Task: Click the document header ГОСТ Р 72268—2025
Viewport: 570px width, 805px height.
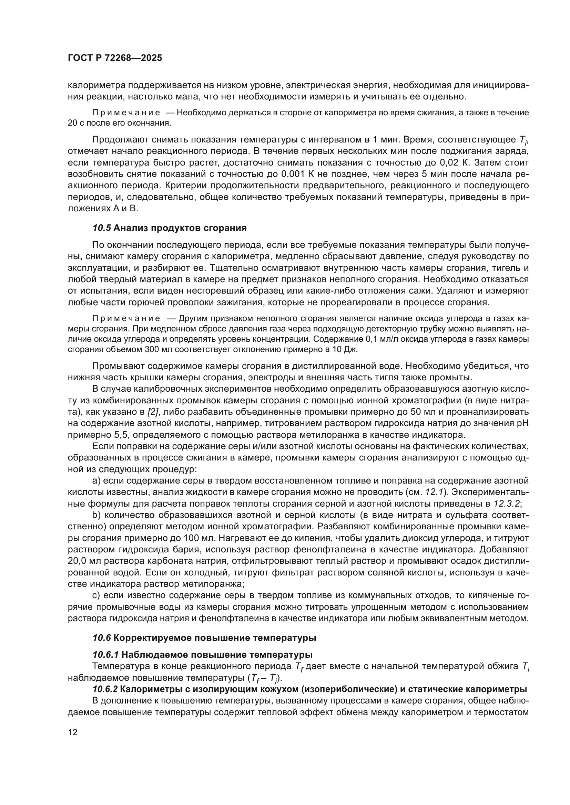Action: click(115, 58)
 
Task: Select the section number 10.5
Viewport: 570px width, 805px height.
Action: click(102, 228)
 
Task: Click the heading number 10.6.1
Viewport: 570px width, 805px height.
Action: click(106, 655)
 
